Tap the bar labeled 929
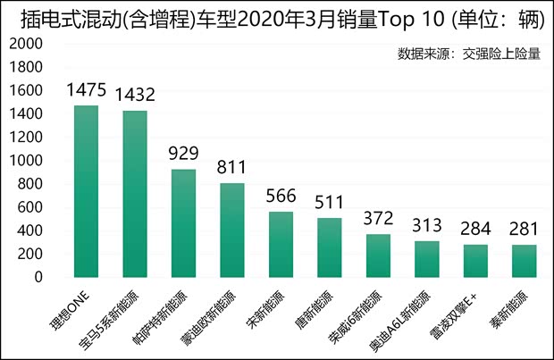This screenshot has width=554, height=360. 183,222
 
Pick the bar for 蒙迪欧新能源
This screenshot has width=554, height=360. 232,230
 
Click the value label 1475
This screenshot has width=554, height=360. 86,91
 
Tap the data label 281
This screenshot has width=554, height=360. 524,230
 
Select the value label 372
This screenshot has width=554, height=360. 378,219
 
